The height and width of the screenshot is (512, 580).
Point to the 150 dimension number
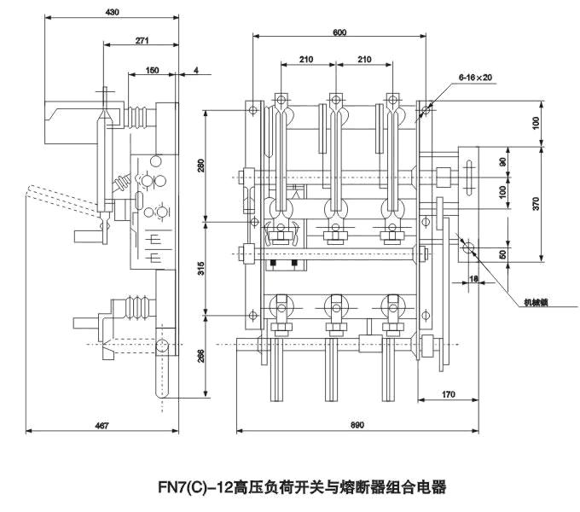[x=150, y=71]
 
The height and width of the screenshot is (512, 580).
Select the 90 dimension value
[x=502, y=161]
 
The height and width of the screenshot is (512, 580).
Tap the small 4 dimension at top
[x=196, y=71]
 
